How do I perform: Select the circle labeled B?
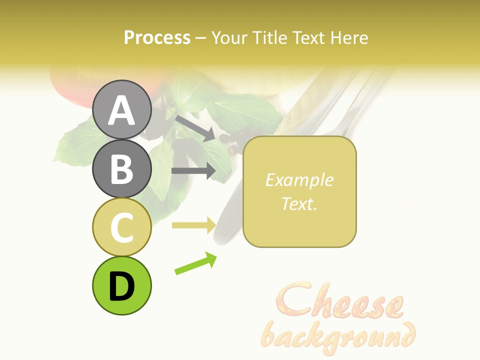point(121,168)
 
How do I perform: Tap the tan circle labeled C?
point(121,227)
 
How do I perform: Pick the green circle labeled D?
point(121,285)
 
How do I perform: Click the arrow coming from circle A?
point(195,127)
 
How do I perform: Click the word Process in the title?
point(157,38)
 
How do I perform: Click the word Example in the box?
point(299,180)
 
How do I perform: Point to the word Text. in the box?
point(299,203)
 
